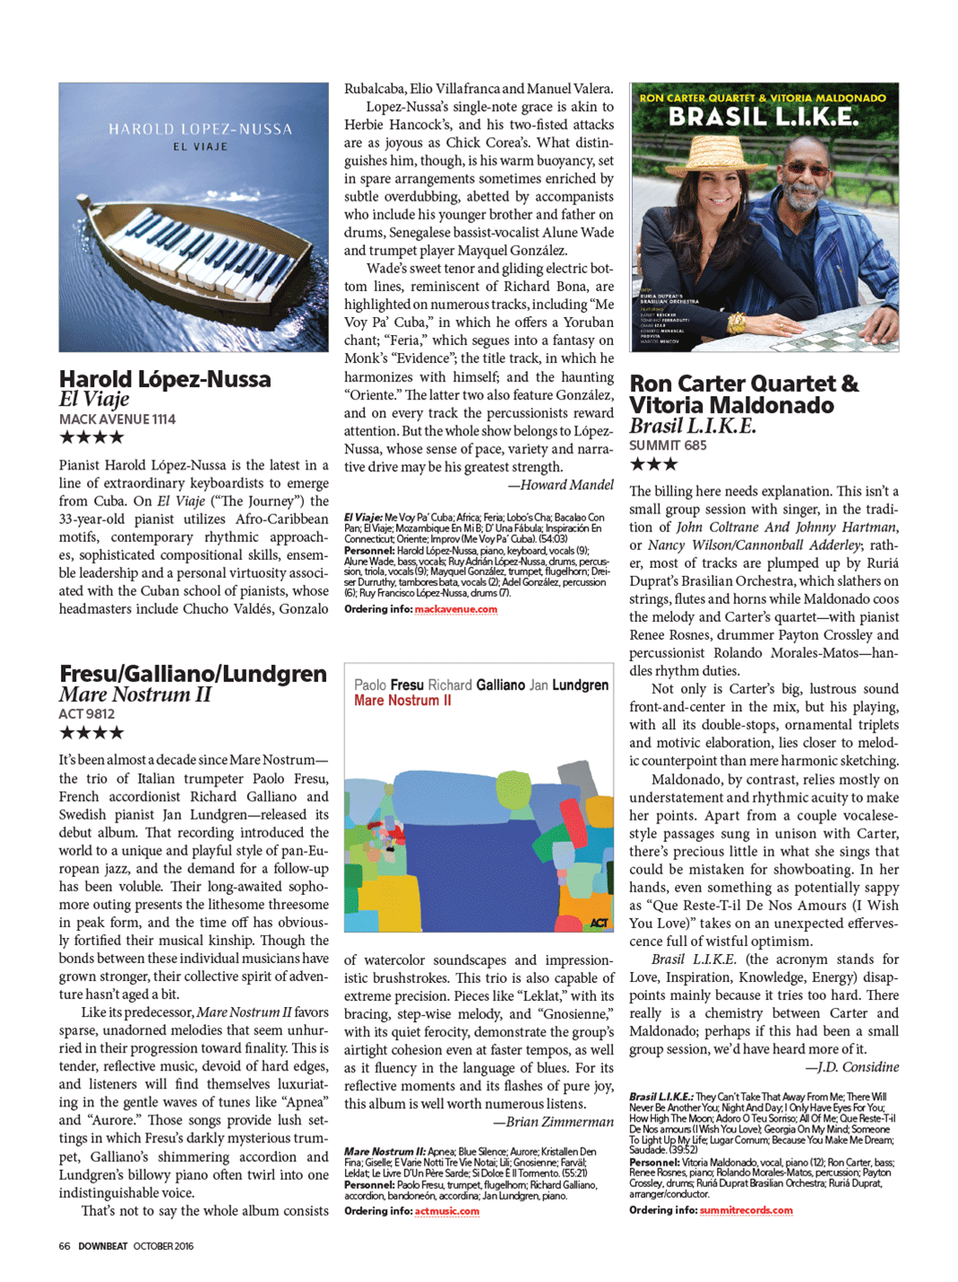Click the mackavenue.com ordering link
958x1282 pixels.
coord(455,609)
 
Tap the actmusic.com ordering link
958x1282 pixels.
coord(446,1211)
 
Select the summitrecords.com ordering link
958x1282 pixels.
coord(746,1210)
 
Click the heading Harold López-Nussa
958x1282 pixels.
coord(165,379)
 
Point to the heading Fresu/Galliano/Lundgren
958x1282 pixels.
coord(193,674)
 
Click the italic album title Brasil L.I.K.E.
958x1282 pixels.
coord(692,426)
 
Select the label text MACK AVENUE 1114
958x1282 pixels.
coord(117,419)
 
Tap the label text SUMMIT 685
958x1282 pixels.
coord(668,445)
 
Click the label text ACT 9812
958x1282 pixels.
coord(87,714)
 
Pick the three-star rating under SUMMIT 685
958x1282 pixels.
coord(653,464)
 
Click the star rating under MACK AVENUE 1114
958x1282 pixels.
coord(91,437)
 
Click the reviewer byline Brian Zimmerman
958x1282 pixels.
coord(553,1122)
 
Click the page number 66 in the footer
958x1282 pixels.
coord(65,1246)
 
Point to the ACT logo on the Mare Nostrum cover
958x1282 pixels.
coord(599,923)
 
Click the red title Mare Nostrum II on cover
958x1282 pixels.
coord(402,701)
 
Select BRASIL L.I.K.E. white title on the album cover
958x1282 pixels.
coord(763,116)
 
